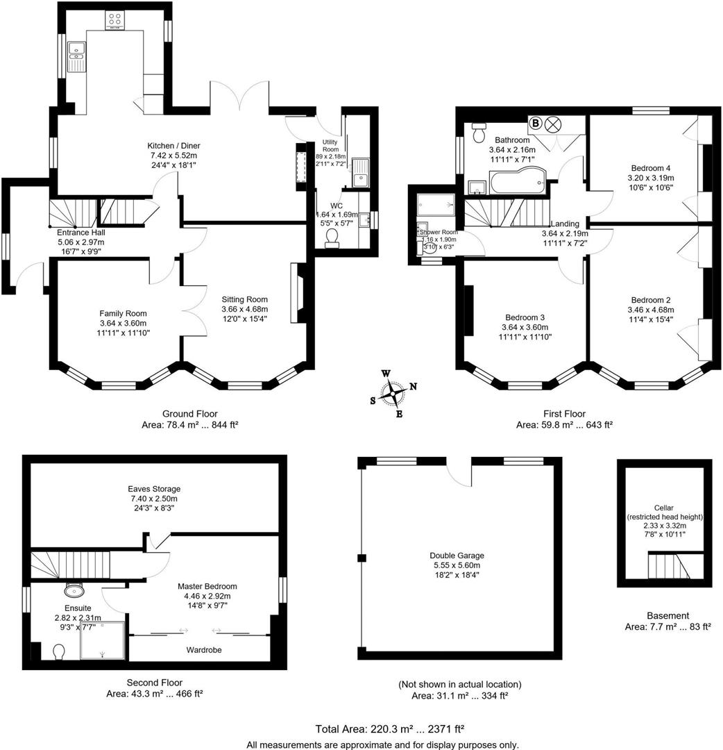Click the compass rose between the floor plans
pos(393,394)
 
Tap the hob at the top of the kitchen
pos(114,21)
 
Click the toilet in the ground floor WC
pos(332,237)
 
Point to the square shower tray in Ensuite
pos(103,640)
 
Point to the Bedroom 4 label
pos(651,168)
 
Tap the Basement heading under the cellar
pos(667,615)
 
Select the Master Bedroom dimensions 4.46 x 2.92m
pos(207,596)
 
